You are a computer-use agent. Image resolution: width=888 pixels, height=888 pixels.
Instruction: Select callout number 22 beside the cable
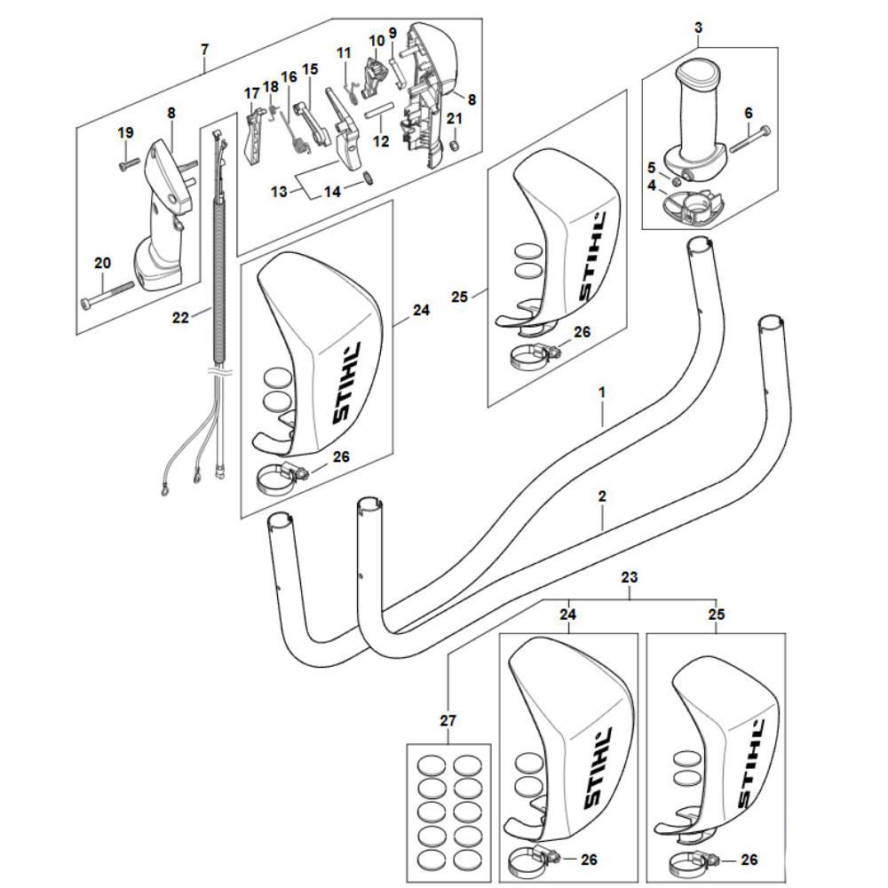[x=180, y=317]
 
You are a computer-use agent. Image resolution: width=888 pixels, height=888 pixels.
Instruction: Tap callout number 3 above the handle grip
[x=699, y=28]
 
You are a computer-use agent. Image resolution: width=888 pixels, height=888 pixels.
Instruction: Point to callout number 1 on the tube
[x=602, y=392]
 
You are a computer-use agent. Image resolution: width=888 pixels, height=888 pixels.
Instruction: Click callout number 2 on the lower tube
[x=602, y=497]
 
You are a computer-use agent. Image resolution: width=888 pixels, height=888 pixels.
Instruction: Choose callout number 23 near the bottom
[x=630, y=577]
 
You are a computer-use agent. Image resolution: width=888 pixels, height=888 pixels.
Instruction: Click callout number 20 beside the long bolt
[x=102, y=263]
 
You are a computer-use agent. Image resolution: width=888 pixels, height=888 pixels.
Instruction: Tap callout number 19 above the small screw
[x=125, y=132]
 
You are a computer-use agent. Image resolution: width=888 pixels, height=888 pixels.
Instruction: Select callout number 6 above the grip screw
[x=748, y=113]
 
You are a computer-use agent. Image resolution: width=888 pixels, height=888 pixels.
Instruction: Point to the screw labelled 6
[x=751, y=139]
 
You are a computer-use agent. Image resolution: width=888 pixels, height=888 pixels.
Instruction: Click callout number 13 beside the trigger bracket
[x=278, y=190]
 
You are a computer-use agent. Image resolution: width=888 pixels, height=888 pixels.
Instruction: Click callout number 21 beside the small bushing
[x=455, y=119]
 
